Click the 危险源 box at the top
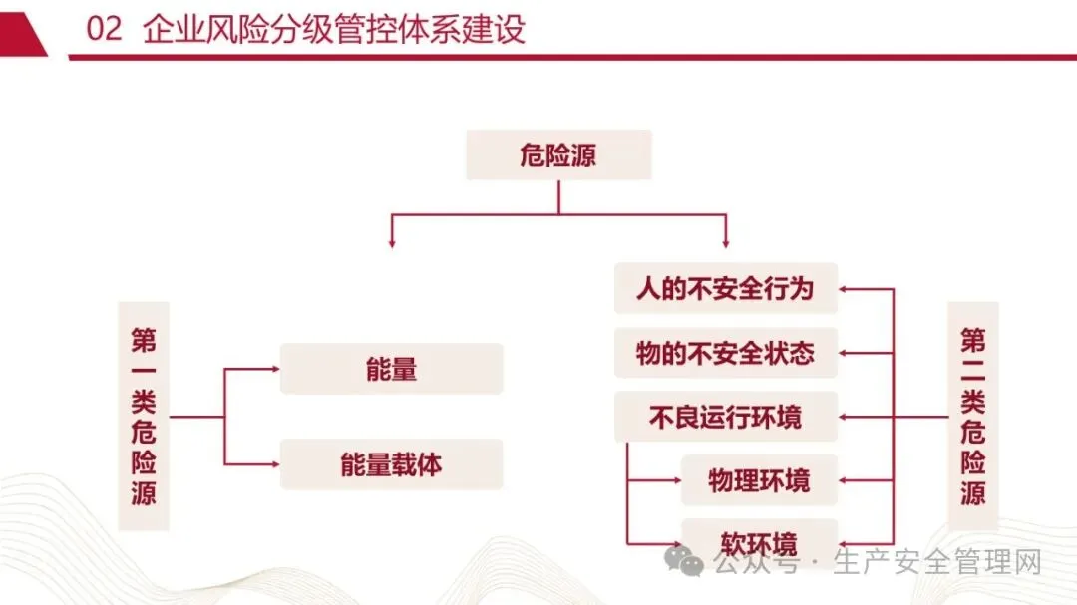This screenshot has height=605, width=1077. [558, 154]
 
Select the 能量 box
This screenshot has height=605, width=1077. [391, 369]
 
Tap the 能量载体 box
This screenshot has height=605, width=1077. [391, 464]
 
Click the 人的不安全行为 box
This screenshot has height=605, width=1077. [725, 289]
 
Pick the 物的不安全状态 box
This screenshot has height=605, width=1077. [725, 353]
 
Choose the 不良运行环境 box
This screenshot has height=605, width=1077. [725, 417]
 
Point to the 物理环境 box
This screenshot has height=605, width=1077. [759, 480]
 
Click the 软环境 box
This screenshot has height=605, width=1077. [759, 544]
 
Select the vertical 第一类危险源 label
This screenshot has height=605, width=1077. [144, 417]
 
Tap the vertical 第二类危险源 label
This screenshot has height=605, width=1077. [973, 417]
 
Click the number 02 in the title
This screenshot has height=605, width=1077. [105, 29]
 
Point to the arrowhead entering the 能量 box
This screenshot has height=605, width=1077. [274, 369]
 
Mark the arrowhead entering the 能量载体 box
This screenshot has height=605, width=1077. [274, 464]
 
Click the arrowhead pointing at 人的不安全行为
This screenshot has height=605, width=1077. [845, 289]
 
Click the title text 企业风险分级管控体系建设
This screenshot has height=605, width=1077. [334, 29]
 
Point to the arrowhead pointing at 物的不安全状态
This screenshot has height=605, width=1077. [845, 353]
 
